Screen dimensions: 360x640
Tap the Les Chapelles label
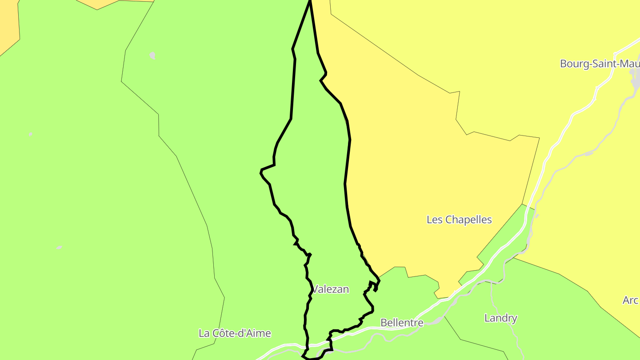459,220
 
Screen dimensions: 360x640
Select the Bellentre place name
402,323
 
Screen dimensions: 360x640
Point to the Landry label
500,318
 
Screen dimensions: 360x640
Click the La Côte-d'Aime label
235,333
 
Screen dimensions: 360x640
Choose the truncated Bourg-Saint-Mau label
600,64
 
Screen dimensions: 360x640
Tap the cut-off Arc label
630,300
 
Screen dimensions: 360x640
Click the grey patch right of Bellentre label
438,320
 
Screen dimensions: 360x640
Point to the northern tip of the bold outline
310,1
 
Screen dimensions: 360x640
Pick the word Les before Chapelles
434,220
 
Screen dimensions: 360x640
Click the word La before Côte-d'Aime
204,333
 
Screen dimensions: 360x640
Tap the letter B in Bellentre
384,323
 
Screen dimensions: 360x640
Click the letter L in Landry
487,318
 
